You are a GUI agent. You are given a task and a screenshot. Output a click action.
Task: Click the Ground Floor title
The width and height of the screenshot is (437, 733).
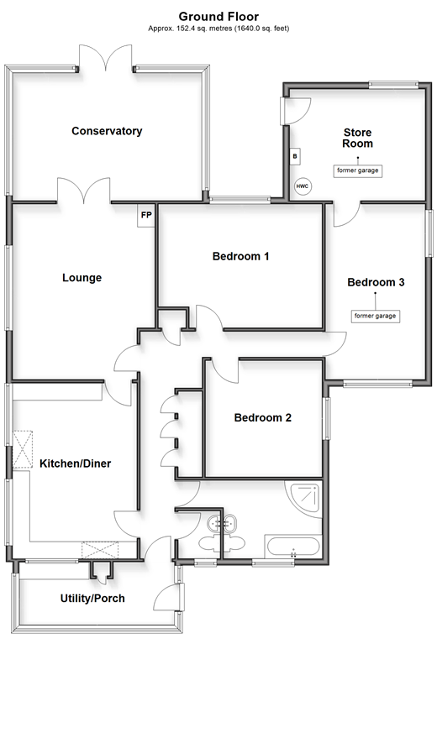pos(218,17)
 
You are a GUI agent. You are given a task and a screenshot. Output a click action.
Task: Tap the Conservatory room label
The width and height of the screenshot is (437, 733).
pos(107,131)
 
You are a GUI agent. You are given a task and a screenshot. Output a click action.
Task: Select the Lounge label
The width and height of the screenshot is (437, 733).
pos(82,278)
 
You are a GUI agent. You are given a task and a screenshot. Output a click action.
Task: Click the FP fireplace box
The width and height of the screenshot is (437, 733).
pos(146,216)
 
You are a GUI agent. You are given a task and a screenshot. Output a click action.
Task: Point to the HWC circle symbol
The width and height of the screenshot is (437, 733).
pos(303,186)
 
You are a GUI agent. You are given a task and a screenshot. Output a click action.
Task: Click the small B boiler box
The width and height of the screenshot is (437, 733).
pos(295,156)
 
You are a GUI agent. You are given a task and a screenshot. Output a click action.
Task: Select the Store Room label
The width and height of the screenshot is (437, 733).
pos(357,138)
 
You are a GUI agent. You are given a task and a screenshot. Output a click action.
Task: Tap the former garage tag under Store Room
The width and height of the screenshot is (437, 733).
pos(357,170)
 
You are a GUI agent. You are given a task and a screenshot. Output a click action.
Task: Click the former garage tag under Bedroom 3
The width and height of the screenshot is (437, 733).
pos(376,316)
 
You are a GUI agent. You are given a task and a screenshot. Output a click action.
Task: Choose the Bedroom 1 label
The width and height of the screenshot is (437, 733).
pos(240,256)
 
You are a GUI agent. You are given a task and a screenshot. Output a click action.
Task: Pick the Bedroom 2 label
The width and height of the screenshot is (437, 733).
pos(262,417)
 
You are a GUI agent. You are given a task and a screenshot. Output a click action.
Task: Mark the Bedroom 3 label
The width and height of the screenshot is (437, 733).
pos(376,282)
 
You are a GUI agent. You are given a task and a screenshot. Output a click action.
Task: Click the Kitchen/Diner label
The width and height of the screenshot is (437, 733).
pos(76,463)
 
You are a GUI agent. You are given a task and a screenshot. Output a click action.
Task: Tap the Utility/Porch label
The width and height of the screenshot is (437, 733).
pos(92,599)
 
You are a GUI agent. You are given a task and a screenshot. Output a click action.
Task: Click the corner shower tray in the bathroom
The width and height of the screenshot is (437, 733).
pos(305,500)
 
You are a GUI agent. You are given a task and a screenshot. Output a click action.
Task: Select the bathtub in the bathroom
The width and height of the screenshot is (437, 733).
pos(293,547)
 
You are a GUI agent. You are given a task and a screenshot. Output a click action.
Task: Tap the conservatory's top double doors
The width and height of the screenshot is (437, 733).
pos(106,57)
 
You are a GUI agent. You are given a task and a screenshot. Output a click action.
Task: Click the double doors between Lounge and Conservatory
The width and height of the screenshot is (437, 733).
pos(84,191)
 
